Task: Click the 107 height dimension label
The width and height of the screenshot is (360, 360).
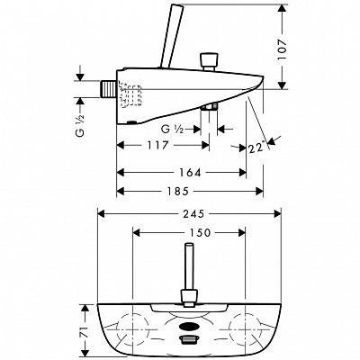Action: point(283,49)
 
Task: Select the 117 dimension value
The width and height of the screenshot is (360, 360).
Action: point(157,146)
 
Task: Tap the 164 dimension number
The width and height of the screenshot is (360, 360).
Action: point(190,173)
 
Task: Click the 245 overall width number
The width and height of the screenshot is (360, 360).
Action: point(193,213)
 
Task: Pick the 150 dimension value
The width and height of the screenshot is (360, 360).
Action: point(200,232)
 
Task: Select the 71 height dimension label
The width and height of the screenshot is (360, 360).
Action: point(85,331)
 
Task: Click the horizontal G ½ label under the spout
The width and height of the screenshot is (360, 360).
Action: point(172,130)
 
